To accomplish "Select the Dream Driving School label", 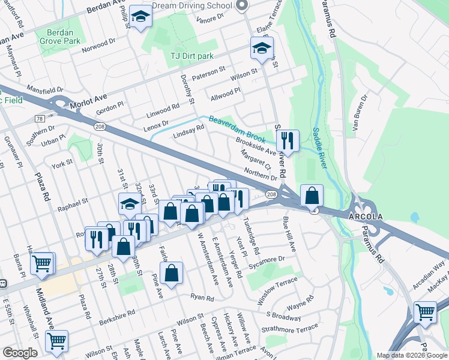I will click(x=192, y=5).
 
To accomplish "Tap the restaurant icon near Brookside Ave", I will click(x=288, y=140).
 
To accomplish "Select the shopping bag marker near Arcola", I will click(x=312, y=195).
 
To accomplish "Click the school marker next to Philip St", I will click(x=140, y=17).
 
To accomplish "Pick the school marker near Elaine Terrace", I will click(x=262, y=48).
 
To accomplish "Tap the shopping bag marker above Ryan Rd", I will click(x=172, y=272).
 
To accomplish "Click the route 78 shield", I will click(x=40, y=119).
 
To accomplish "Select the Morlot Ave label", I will click(x=88, y=99).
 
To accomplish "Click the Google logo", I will click(x=20, y=353).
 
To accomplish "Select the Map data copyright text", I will click(x=412, y=355).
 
